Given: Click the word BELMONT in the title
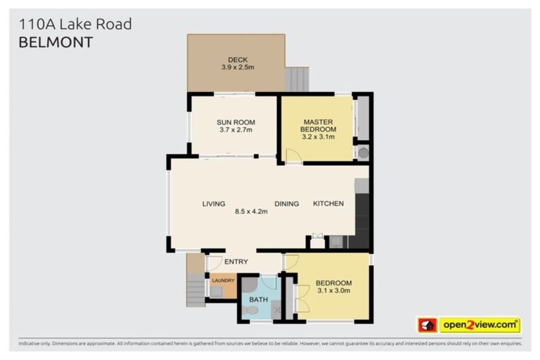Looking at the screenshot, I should (55, 42).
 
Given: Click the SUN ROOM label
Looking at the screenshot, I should (236, 122).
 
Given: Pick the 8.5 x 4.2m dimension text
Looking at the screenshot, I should (251, 210).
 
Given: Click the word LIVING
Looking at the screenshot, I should (214, 204).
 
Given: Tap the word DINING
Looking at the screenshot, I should (286, 204).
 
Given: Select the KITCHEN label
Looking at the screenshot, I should (328, 204).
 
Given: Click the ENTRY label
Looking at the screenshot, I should (236, 262).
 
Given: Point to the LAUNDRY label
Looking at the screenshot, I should (223, 281).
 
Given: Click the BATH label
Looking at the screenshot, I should (259, 300).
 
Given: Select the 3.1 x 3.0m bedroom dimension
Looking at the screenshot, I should (334, 291).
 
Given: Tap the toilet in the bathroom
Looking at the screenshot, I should (251, 309).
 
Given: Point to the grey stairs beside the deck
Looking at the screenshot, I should (297, 79).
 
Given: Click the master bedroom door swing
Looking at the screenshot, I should (293, 155).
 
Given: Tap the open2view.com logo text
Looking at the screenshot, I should (480, 325).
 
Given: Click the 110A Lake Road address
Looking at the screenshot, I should (75, 25).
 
